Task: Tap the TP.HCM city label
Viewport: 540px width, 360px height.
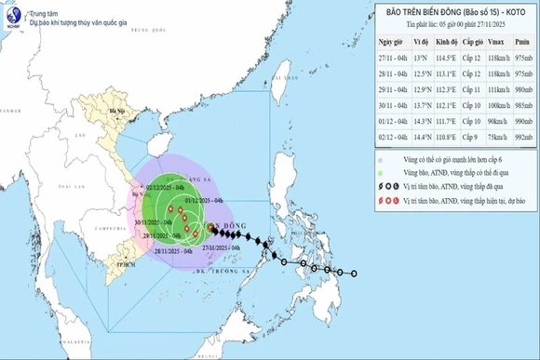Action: pos(116,267)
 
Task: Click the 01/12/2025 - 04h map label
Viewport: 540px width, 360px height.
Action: pos(203,201)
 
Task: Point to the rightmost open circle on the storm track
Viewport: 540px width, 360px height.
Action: pos(355,273)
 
